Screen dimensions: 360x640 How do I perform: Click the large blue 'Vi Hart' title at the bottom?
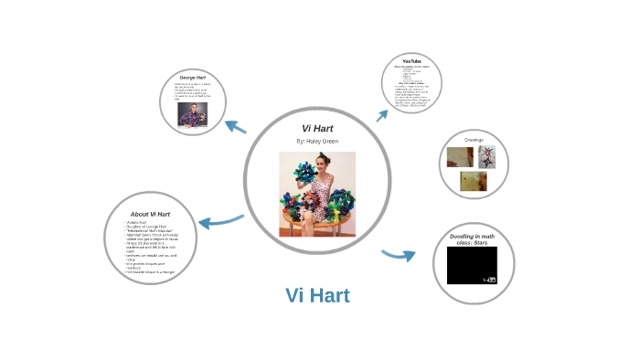click(317, 296)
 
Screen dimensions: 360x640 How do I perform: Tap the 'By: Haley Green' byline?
click(316, 143)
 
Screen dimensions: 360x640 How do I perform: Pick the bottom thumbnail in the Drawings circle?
click(474, 182)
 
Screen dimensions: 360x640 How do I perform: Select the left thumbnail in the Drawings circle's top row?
click(460, 157)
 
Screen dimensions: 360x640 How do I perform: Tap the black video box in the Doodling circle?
click(472, 265)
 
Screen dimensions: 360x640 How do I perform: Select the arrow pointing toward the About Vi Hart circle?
click(220, 220)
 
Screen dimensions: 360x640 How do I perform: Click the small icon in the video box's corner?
click(491, 279)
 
